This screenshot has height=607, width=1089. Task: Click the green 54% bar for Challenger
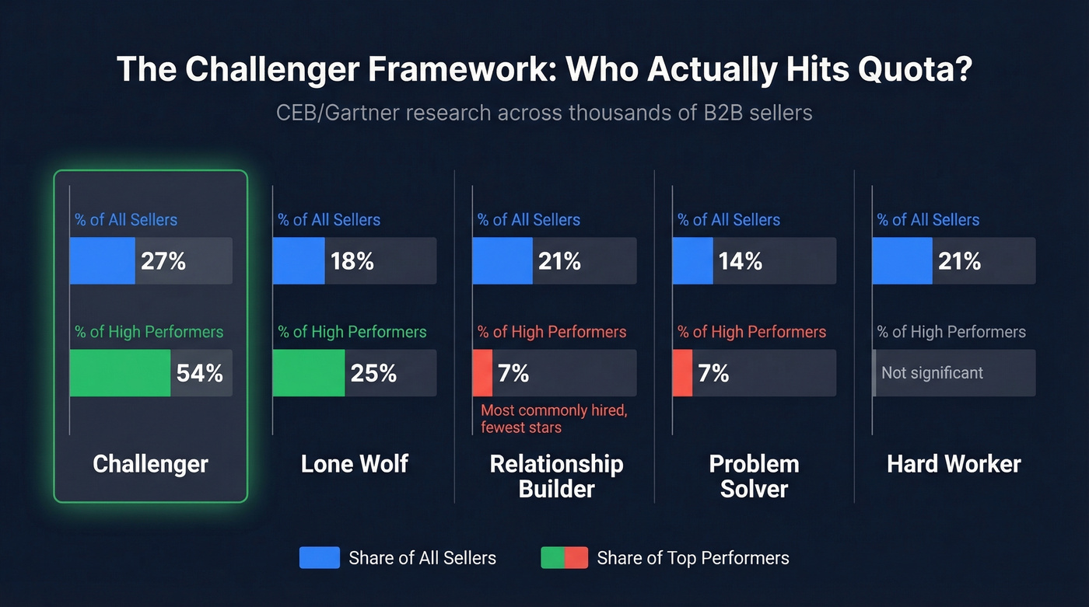[120, 373]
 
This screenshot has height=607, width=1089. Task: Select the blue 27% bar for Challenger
[102, 261]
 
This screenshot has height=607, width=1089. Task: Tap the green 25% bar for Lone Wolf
[309, 373]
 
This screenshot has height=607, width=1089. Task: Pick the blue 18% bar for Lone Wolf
[299, 261]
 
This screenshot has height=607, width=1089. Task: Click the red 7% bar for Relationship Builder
[482, 373]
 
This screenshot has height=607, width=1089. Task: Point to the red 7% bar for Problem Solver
[682, 373]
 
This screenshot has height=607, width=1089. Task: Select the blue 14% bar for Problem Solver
[692, 261]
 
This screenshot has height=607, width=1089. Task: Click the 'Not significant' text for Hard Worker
[932, 373]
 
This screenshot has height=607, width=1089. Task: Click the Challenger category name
[150, 464]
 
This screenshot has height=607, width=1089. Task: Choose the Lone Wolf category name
[354, 464]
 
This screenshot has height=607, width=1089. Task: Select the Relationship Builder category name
[556, 476]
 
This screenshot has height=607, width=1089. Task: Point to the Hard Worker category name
[954, 464]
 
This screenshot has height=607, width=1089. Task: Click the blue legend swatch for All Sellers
[319, 558]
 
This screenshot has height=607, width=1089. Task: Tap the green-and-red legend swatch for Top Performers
[564, 558]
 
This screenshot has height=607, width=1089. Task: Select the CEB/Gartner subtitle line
[544, 113]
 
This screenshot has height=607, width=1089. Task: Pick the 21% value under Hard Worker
[959, 261]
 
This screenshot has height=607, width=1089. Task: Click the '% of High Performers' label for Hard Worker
[951, 332]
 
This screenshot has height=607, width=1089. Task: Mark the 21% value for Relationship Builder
[559, 261]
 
